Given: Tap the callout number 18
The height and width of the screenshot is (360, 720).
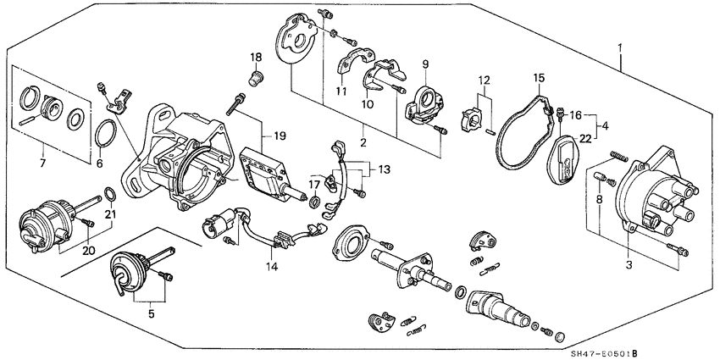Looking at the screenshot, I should [256, 58].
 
